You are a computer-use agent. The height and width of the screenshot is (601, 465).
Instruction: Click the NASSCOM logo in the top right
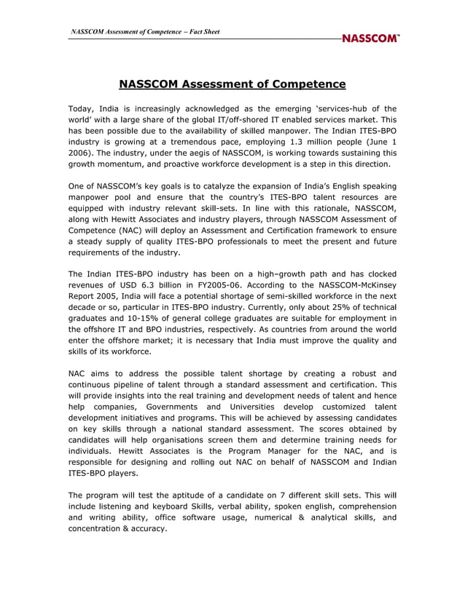[x=370, y=38]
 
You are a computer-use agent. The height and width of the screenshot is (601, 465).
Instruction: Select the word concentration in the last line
[x=98, y=529]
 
